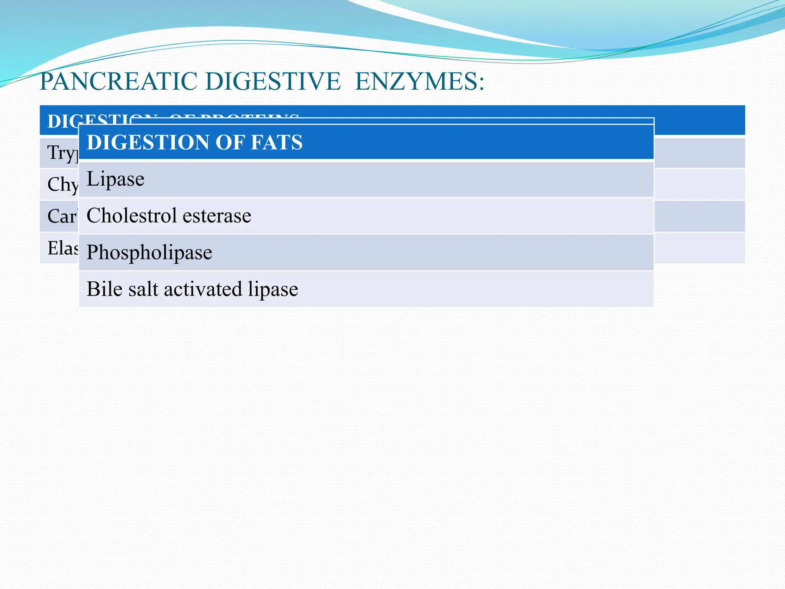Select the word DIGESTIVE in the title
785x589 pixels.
pyautogui.click(x=273, y=82)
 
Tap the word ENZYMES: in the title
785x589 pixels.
pyautogui.click(x=419, y=82)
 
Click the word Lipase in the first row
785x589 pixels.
pyautogui.click(x=115, y=179)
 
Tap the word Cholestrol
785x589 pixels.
pyautogui.click(x=131, y=216)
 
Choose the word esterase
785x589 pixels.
pyautogui.click(x=217, y=216)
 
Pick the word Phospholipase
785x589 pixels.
pyautogui.click(x=149, y=253)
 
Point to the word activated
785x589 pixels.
pyautogui.click(x=203, y=289)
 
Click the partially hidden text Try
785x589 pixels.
pyautogui.click(x=62, y=153)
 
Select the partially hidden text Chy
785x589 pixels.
pyautogui.click(x=62, y=185)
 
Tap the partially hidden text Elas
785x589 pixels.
pyautogui.click(x=62, y=248)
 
